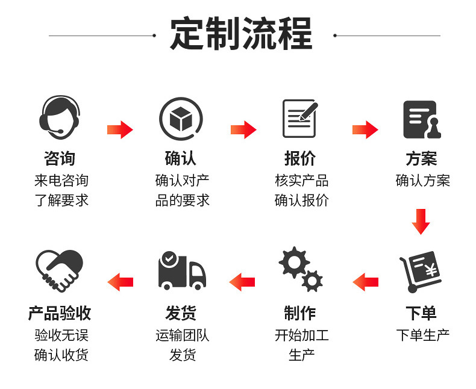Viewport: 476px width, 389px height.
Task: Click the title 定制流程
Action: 241,34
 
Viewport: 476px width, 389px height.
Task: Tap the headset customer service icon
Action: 60,118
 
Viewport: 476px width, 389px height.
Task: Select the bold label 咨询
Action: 60,159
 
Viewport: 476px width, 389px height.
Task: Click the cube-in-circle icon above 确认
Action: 181,119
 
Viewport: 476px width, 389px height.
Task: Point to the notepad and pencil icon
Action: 300,118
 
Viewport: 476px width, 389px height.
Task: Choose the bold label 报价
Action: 300,159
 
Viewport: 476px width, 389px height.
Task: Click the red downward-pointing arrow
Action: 421,221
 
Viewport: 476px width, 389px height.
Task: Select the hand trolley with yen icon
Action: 421,272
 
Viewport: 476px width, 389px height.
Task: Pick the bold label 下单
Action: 421,313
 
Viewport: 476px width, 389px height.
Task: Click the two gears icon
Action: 300,269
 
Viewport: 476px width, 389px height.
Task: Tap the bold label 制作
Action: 300,313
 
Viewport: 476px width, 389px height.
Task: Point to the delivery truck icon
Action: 181,270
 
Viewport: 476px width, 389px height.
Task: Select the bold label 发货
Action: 181,313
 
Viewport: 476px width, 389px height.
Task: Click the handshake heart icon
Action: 59,271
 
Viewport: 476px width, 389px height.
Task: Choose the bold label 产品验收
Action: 60,313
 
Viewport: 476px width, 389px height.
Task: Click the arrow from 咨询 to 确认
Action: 120,129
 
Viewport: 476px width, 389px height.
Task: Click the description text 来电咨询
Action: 61,181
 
